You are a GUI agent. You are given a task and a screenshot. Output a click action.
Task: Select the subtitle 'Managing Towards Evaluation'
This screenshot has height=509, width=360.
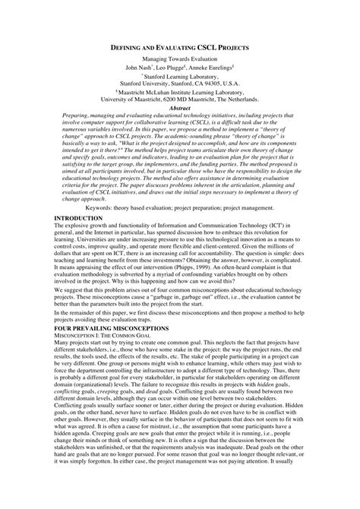coord(179,59)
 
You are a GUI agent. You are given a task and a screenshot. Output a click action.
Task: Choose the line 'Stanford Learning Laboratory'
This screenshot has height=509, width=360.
coord(180,76)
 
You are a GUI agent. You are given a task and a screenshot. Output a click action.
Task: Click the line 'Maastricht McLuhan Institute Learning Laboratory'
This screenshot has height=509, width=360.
coord(180,92)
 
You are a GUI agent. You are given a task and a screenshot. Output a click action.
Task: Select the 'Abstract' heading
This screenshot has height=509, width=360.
coord(179,108)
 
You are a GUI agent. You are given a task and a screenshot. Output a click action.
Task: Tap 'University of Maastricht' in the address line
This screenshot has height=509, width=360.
coord(129,100)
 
